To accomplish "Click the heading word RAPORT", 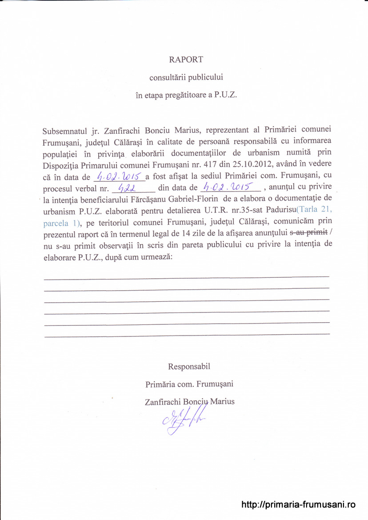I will tap(186, 60).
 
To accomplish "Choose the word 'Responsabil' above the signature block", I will tap(189, 367).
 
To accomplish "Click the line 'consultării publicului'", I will tap(186, 77).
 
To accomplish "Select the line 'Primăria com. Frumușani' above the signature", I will tap(189, 384).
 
